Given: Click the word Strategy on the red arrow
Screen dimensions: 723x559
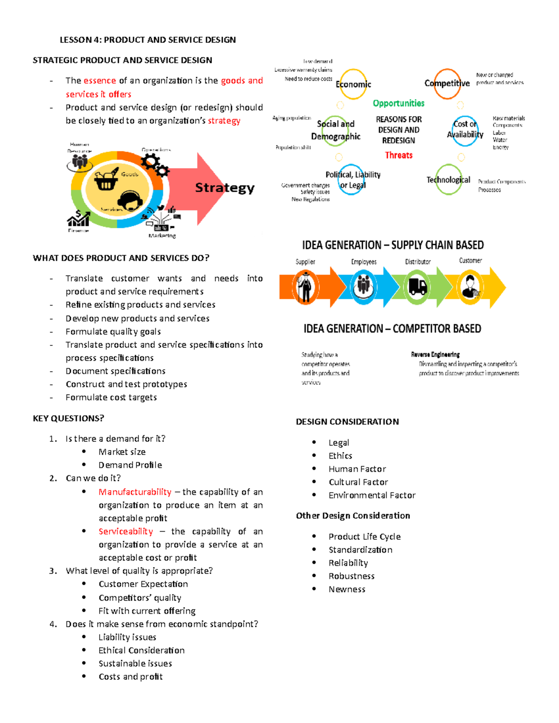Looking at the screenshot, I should (225, 188).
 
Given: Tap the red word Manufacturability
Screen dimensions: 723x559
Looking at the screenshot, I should (135, 492).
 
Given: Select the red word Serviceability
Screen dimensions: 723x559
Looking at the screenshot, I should (125, 532).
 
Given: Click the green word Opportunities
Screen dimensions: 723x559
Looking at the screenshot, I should (398, 103).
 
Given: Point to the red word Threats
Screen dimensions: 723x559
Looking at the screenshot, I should (398, 155).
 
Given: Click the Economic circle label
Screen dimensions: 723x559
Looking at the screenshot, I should (353, 84).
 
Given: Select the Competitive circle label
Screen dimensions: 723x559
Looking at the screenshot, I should (447, 83).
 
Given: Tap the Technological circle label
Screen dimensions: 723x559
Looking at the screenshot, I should (448, 180).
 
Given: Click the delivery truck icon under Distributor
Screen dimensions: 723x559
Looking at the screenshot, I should (417, 287).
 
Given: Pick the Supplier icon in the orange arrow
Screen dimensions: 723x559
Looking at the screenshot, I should (306, 288).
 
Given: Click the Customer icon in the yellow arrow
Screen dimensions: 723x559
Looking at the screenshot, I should (470, 287).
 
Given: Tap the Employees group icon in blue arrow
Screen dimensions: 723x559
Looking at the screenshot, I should (363, 287).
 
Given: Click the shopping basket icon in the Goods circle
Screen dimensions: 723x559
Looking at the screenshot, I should (106, 180).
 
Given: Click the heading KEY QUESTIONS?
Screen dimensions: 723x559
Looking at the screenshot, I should (68, 419).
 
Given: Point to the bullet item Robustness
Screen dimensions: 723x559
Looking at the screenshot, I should (351, 576).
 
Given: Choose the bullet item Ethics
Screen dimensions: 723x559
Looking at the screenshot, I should (340, 456).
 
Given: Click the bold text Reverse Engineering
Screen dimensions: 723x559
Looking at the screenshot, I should (435, 355).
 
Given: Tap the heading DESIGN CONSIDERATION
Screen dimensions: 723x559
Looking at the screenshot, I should (347, 422).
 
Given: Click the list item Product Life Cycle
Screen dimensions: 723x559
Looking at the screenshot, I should (364, 537).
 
